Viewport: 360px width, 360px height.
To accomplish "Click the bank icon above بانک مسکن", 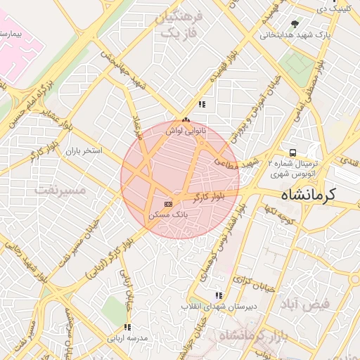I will click(x=167, y=203).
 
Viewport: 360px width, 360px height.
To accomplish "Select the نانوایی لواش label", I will click(x=186, y=131).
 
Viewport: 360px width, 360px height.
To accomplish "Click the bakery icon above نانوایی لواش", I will click(x=186, y=121).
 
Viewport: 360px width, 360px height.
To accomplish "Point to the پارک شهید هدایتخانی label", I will click(x=295, y=34).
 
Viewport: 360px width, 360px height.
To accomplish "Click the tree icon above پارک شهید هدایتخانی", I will click(x=295, y=24).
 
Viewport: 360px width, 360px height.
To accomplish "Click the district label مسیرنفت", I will click(x=60, y=191).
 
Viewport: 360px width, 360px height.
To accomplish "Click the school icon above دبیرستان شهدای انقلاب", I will click(x=219, y=295).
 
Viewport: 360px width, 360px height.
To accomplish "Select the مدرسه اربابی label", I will click(x=127, y=338).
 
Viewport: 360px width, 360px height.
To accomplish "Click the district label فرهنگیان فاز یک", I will click(x=180, y=25).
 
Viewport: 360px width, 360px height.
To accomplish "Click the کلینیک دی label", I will click(x=333, y=8).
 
